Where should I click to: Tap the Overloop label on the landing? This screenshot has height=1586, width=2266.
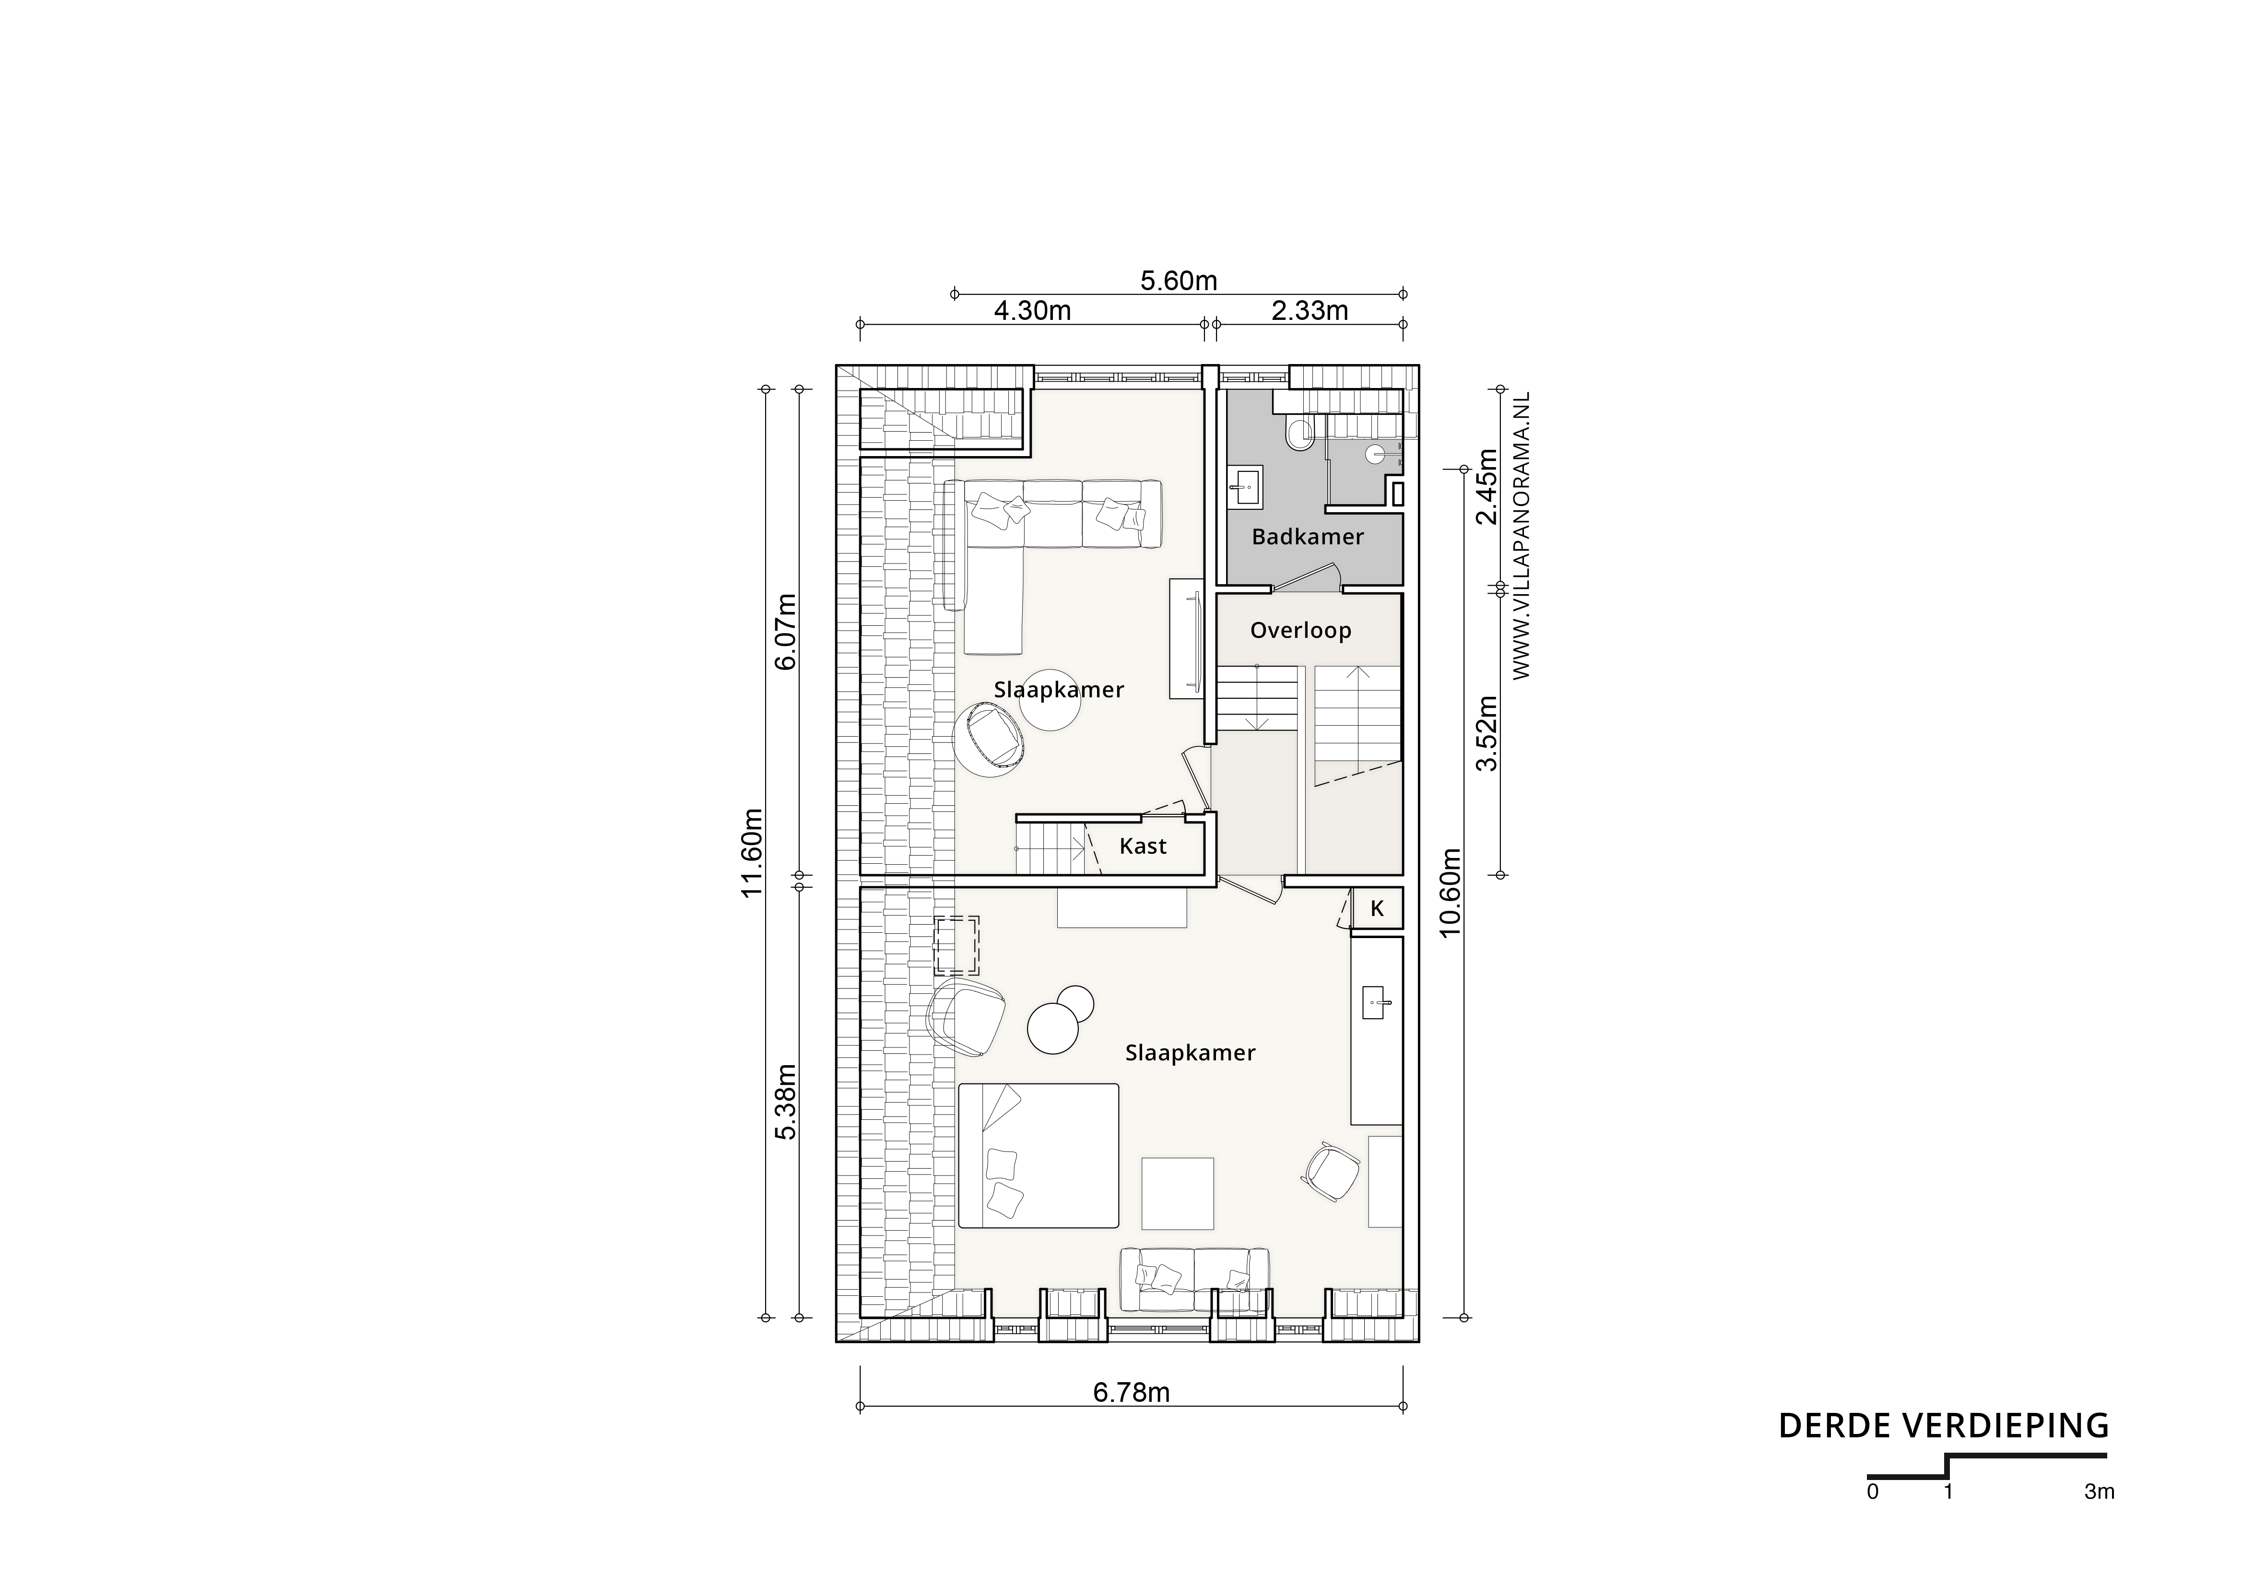1300,631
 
